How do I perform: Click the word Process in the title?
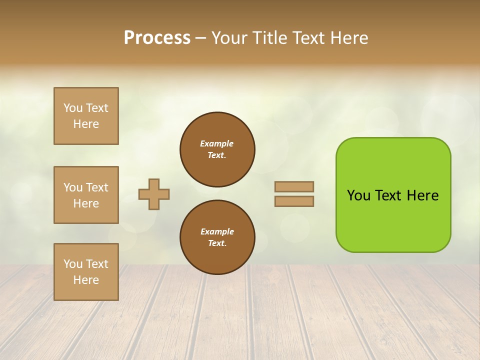(x=157, y=38)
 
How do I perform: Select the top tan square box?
(x=86, y=116)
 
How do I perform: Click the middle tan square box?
(x=86, y=195)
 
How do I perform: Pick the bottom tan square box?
(x=86, y=272)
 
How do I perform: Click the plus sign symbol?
(x=154, y=194)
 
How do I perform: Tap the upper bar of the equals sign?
(x=294, y=186)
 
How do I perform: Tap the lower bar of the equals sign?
(x=294, y=201)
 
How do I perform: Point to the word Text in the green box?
(x=389, y=195)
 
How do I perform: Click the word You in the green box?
(x=358, y=195)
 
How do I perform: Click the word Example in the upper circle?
(x=217, y=143)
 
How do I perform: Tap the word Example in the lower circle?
(x=217, y=231)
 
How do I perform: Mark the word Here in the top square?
(x=86, y=124)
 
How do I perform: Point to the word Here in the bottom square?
(x=86, y=280)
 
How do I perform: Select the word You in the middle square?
(x=73, y=187)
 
